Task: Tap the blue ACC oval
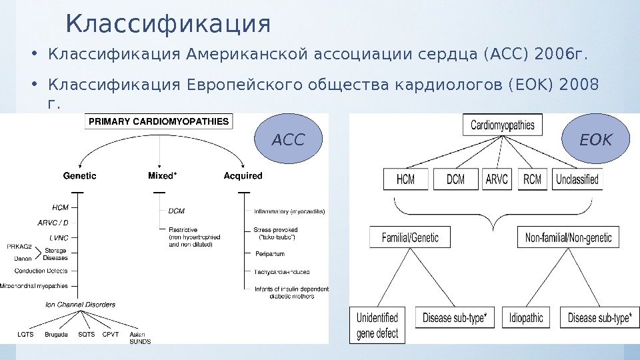point(289,140)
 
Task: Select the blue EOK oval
point(595,140)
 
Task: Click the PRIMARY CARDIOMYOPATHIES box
point(159,122)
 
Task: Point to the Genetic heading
point(79,176)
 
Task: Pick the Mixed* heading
point(162,176)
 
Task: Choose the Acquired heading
point(243,176)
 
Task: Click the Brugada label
point(56,334)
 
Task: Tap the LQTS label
point(25,334)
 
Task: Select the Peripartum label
point(269,254)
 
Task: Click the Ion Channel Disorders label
point(80,305)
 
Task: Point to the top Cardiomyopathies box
point(502,125)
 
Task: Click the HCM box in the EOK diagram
point(405,179)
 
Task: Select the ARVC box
point(497,179)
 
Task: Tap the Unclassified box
point(577,179)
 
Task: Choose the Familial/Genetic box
point(410,237)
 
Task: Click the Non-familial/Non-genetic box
point(569,237)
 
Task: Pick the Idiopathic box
point(526,318)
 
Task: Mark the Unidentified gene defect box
point(377,325)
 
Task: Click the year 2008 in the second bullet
point(580,85)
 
